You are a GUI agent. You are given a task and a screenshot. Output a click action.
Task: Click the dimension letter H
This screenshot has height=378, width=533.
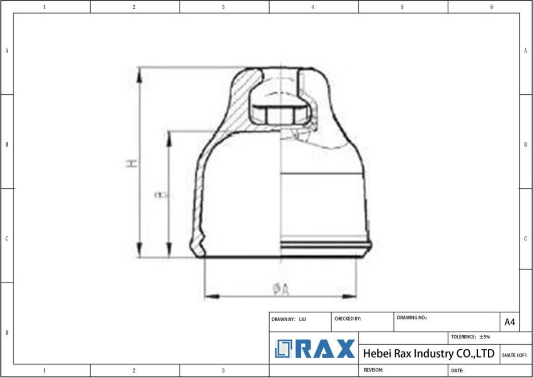[132, 163]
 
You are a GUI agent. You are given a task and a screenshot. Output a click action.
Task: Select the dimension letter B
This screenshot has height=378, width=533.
[162, 195]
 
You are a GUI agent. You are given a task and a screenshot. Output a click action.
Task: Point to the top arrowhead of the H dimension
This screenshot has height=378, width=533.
[139, 74]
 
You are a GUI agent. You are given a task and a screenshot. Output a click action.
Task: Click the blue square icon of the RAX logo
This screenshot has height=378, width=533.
[284, 349]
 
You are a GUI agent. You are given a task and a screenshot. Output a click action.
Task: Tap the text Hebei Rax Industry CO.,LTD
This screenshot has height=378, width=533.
[428, 353]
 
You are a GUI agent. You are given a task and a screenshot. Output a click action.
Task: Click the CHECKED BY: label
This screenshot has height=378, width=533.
[348, 319]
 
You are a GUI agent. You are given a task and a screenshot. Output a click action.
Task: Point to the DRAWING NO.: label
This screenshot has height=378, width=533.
[412, 317]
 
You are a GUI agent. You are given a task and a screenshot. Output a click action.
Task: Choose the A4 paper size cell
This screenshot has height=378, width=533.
[510, 322]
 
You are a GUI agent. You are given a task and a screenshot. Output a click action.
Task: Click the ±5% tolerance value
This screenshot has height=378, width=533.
[485, 337]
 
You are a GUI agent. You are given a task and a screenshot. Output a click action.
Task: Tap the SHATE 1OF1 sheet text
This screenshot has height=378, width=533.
[514, 355]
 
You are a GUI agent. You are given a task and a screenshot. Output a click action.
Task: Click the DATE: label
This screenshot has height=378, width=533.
[458, 371]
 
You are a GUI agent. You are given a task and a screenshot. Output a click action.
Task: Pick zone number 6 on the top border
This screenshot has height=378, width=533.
[492, 7]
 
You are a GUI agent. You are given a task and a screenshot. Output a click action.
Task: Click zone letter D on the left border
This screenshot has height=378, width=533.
[7, 332]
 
